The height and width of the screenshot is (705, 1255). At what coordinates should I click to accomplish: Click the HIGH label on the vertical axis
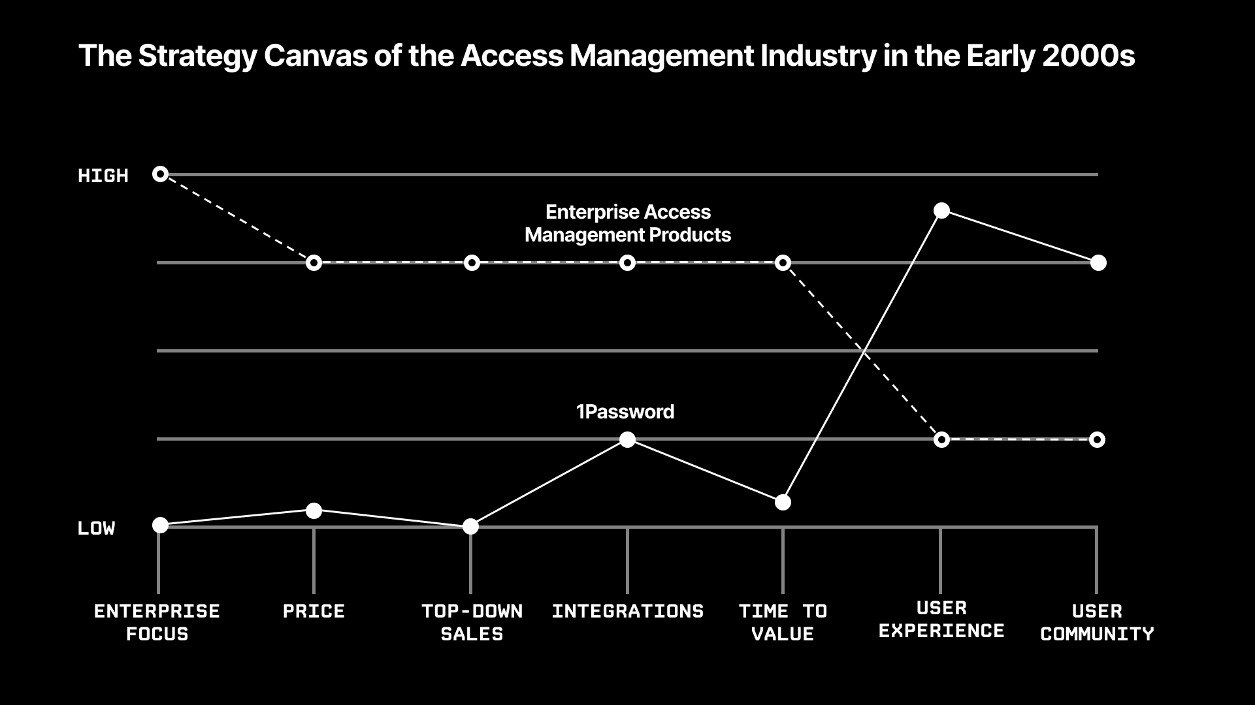[x=103, y=176]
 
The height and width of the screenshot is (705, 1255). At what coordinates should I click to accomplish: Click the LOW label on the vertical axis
[x=96, y=528]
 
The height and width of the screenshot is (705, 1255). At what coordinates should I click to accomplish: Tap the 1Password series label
[x=625, y=411]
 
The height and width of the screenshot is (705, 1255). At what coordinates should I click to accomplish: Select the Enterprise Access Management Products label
[x=627, y=223]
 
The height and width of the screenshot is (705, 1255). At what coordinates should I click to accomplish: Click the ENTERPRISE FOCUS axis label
[x=157, y=622]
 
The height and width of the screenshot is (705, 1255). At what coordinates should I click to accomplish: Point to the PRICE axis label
[x=314, y=612]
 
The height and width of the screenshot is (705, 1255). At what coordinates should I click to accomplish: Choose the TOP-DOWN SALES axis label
[x=472, y=622]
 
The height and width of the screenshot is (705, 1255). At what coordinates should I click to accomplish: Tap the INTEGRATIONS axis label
[x=627, y=612]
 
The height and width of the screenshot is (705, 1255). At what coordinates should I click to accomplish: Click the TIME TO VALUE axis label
[x=783, y=622]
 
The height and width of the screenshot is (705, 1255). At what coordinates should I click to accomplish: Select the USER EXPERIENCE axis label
[x=941, y=619]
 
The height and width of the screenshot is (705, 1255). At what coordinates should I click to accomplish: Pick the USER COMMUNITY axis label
[x=1097, y=622]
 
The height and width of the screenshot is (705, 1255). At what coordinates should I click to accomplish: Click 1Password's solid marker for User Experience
[x=941, y=210]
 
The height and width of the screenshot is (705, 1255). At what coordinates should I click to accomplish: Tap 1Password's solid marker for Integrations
[x=627, y=439]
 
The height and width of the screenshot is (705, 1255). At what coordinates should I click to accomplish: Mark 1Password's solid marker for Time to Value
[x=783, y=502]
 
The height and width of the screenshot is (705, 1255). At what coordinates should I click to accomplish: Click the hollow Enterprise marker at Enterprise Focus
[x=160, y=174]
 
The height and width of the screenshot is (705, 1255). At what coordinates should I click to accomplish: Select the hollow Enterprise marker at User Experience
[x=941, y=439]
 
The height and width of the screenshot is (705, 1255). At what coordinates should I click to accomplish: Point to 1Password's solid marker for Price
[x=314, y=510]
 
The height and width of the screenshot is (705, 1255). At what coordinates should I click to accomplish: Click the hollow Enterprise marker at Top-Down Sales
[x=472, y=263]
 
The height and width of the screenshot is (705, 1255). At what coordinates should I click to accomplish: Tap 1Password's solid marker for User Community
[x=1098, y=262]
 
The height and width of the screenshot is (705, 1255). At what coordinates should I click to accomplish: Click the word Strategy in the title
[x=199, y=56]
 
